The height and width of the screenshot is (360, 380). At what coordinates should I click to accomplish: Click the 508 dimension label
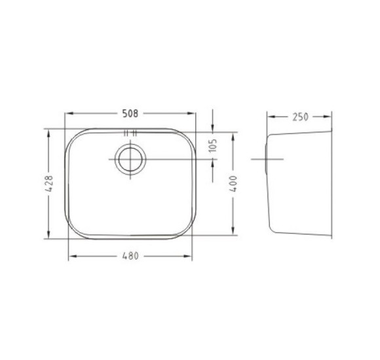click(130, 113)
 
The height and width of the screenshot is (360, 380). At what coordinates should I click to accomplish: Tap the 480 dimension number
click(130, 256)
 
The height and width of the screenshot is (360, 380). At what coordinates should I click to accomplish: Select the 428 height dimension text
click(49, 184)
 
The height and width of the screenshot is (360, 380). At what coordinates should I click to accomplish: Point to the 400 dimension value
click(233, 184)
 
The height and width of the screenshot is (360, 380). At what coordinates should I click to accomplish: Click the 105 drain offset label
click(212, 145)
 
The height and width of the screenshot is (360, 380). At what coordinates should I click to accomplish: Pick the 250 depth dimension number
click(300, 117)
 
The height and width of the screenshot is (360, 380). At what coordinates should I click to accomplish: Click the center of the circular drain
click(130, 159)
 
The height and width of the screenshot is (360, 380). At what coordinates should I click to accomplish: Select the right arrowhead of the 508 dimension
click(191, 113)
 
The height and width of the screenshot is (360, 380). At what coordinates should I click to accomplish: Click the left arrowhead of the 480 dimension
click(73, 256)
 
